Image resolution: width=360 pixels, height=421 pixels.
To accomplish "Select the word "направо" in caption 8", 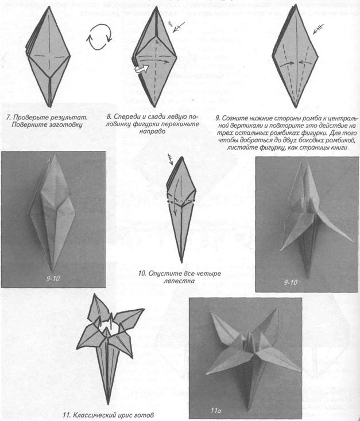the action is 152,131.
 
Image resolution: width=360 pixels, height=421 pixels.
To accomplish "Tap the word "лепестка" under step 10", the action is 179,281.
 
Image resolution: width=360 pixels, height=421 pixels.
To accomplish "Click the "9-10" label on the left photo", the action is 53,279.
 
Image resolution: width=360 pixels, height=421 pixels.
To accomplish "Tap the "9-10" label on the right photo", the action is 291,282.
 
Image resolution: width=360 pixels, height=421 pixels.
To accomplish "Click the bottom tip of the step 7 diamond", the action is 50,107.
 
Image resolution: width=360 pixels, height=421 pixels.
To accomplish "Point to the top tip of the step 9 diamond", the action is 295,5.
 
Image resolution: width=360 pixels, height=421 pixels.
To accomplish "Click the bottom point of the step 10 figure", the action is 181,263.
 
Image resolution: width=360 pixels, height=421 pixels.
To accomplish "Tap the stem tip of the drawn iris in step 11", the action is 108,404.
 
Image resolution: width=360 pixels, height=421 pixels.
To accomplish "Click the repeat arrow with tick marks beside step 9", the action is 318,29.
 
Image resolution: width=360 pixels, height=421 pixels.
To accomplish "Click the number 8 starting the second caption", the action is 109,118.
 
